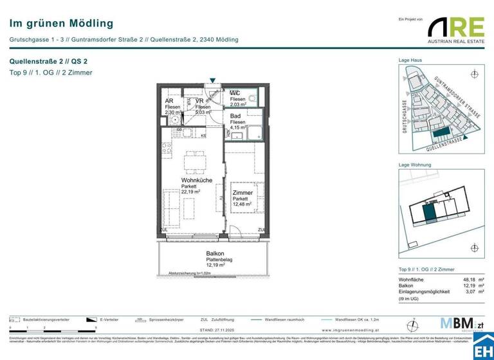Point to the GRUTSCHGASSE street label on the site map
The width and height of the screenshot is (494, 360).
[x=405, y=116]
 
